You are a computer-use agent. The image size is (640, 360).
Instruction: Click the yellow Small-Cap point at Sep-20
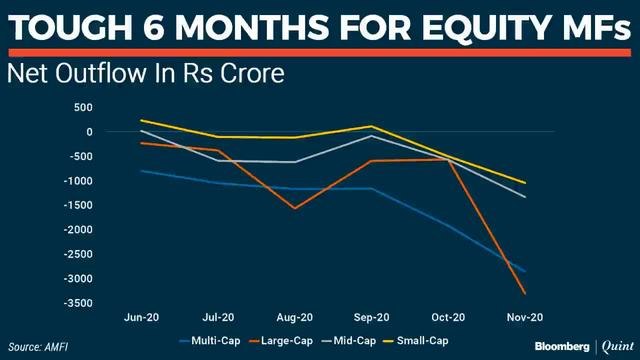(372, 126)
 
